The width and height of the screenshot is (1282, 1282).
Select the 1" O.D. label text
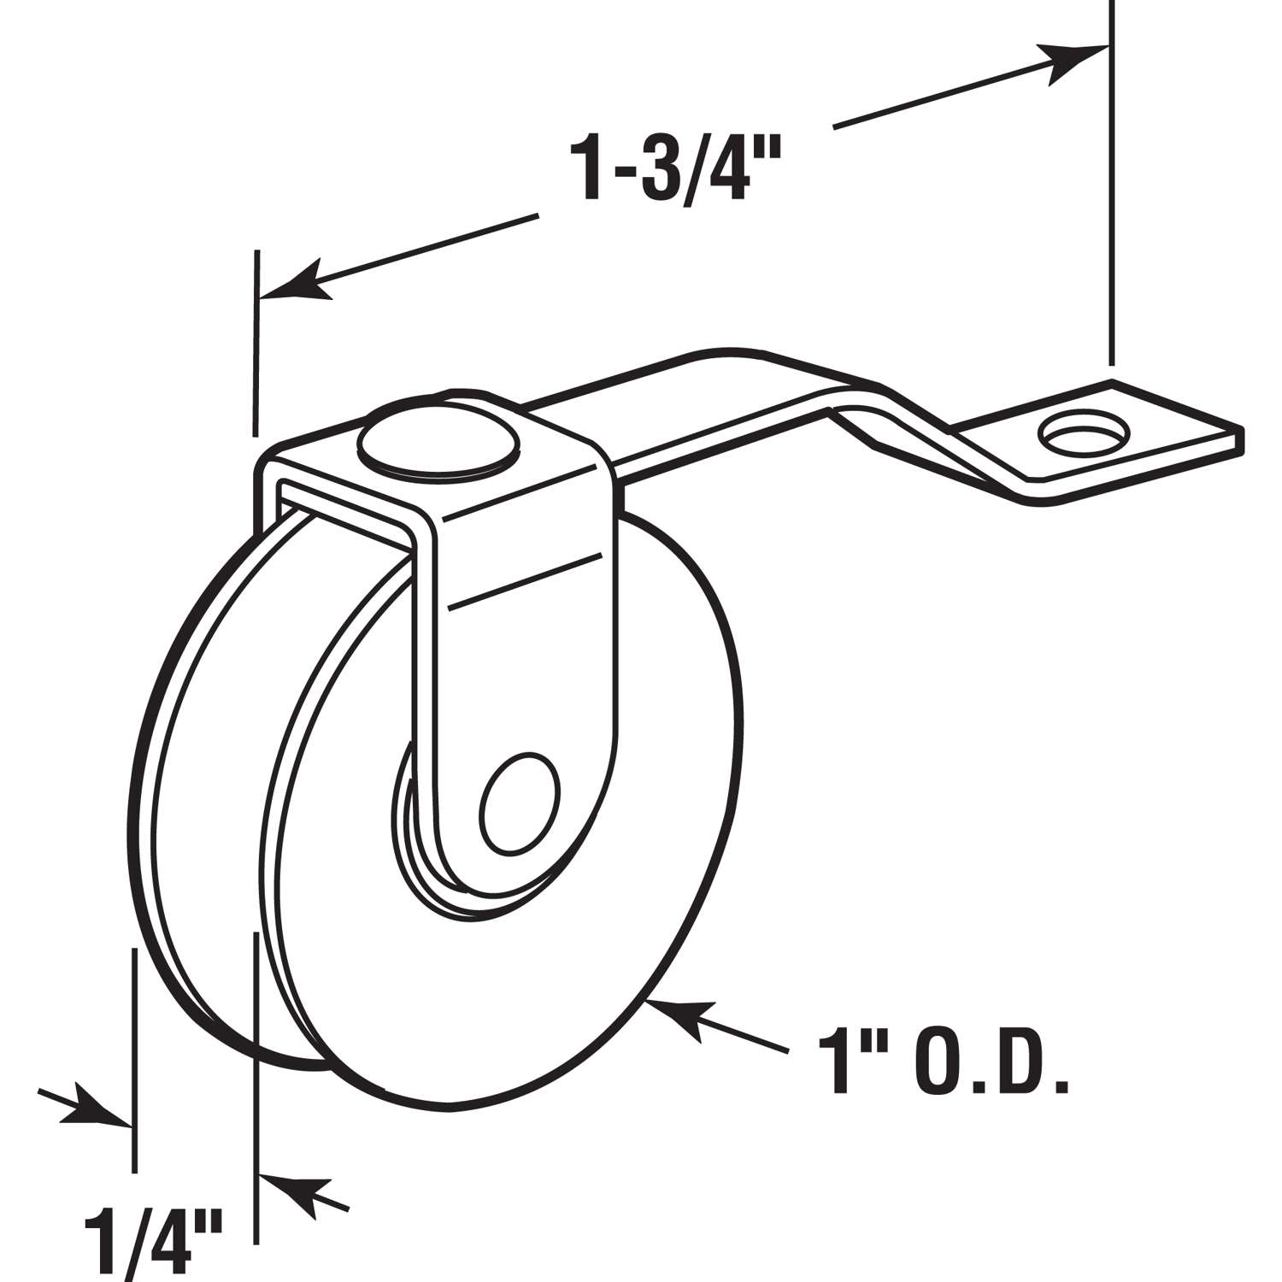point(944,1062)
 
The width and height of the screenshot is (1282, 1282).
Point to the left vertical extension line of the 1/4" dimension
point(133,1060)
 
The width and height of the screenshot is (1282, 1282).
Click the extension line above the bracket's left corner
point(255,342)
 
